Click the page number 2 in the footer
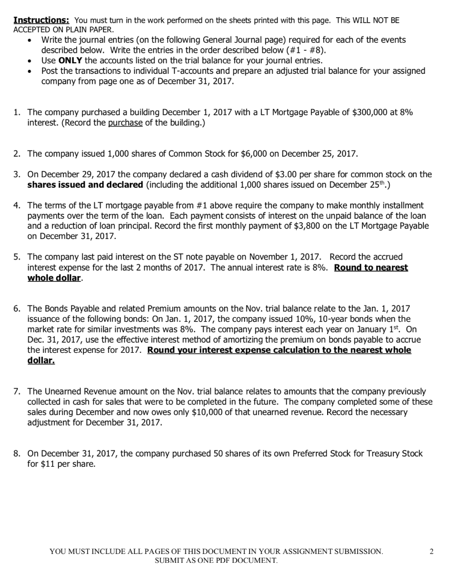pos(432,551)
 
